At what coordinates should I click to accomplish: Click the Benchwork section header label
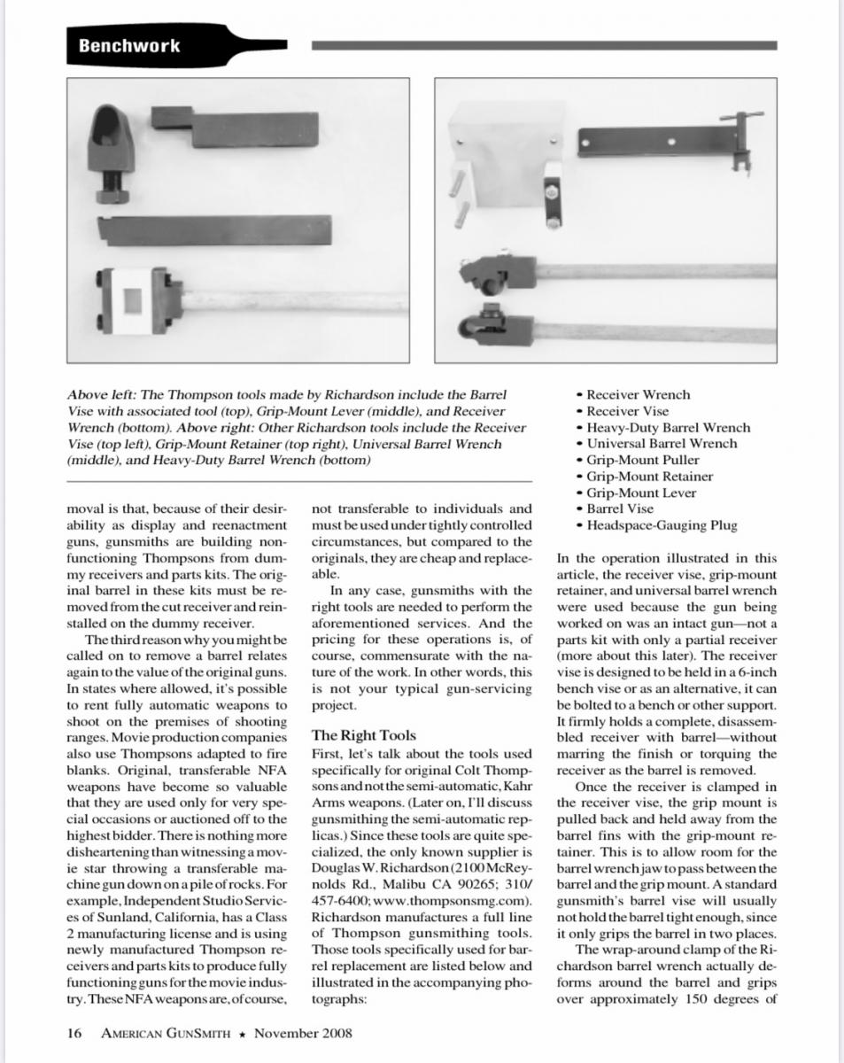128,46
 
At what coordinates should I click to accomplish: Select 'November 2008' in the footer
303,1033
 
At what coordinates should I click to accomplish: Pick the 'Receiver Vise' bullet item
627,411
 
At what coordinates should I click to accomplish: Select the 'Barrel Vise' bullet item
620,508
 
